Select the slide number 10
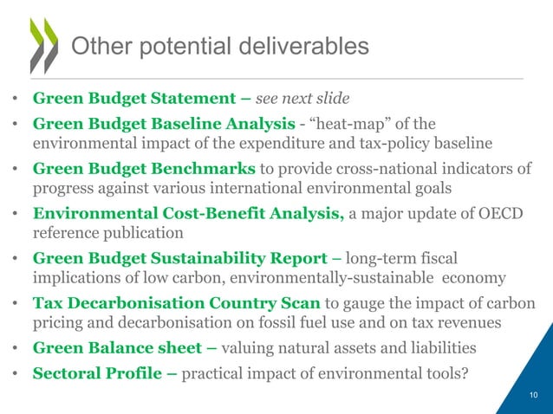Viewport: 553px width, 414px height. [533, 398]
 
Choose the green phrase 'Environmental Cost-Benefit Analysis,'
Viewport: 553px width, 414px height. [187, 214]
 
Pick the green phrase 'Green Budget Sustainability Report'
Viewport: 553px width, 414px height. [185, 258]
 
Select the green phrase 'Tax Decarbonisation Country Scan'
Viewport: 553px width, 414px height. [176, 304]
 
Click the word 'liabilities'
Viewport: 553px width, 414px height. [446, 350]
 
